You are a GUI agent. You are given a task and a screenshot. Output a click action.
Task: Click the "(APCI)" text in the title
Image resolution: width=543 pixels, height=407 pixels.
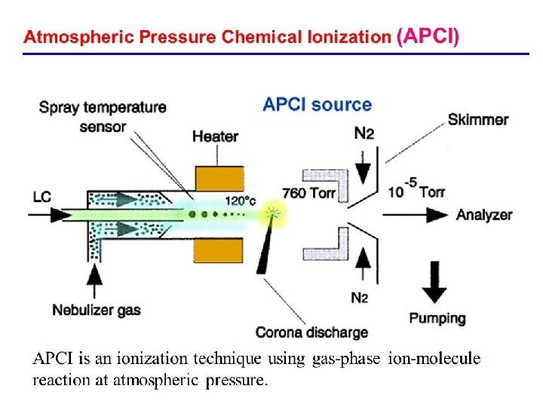click(427, 36)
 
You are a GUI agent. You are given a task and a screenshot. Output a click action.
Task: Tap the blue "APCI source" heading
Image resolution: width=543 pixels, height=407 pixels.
click(317, 105)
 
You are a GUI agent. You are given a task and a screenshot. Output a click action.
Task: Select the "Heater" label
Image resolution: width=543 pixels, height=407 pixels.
click(215, 136)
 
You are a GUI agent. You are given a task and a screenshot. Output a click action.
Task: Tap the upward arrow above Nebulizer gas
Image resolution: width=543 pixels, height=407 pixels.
click(96, 283)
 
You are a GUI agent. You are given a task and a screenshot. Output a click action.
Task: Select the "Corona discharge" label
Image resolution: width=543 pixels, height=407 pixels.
click(311, 332)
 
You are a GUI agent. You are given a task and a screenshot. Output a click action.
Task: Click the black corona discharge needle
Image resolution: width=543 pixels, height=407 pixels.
click(265, 249)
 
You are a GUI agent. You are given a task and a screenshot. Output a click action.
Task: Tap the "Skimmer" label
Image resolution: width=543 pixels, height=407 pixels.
click(478, 119)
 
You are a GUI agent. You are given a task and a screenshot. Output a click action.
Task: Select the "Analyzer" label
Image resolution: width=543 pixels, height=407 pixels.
click(484, 215)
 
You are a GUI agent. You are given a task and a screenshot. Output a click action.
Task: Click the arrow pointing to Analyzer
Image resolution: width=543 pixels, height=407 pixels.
click(415, 215)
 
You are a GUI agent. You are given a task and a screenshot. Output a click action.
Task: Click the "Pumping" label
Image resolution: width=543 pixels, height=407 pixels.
click(437, 318)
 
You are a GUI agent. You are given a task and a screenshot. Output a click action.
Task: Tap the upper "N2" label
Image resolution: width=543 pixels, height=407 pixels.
click(364, 133)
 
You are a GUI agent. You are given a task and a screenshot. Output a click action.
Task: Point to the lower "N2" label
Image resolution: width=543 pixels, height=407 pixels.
click(360, 297)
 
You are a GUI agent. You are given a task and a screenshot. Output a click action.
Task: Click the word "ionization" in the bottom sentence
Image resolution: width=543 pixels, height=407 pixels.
click(130, 360)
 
